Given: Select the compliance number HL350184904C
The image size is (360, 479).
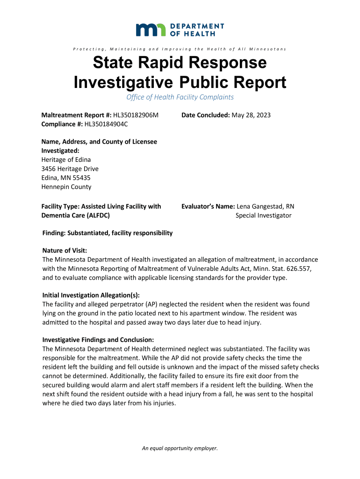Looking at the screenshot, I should [x=106, y=124].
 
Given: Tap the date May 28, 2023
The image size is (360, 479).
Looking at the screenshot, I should [x=251, y=115].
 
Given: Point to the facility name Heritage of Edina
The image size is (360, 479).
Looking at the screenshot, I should [x=66, y=160].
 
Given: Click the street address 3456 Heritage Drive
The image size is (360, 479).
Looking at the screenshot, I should [x=70, y=168].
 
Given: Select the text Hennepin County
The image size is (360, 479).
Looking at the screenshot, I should [x=67, y=187].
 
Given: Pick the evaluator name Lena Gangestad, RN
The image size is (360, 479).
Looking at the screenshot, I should [x=266, y=206].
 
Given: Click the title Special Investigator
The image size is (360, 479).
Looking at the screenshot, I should [x=263, y=215].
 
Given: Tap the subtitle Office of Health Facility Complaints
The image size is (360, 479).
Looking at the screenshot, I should [x=180, y=97].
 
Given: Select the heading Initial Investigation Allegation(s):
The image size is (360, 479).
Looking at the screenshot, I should [x=91, y=295].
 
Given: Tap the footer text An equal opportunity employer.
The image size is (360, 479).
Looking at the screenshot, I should [x=180, y=448].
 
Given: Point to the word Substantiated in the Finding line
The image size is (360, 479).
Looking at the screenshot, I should [x=88, y=233].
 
